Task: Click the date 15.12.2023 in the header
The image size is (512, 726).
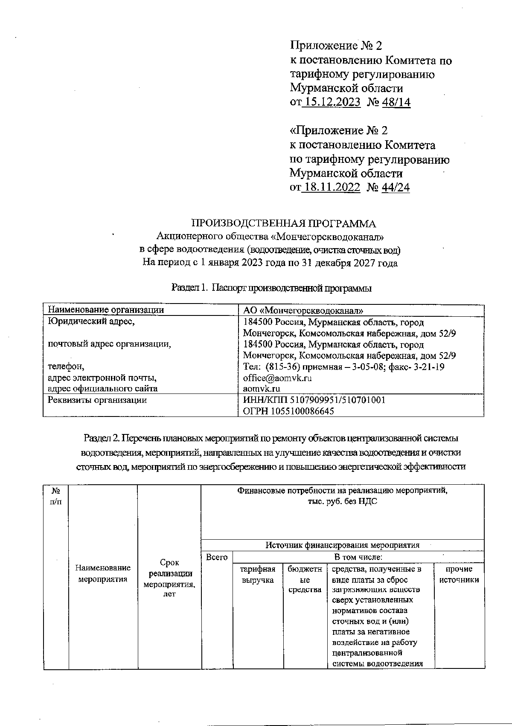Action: (331, 102)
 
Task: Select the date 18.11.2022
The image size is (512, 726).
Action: (331, 187)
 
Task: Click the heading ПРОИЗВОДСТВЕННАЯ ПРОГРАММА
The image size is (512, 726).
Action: (284, 224)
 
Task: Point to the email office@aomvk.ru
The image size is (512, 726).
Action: (277, 378)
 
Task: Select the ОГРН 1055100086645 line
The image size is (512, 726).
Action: (288, 411)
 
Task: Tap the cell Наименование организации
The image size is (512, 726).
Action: (105, 310)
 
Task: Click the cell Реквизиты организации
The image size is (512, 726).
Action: (97, 400)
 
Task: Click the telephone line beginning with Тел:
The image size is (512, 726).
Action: (343, 367)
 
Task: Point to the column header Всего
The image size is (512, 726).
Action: (217, 557)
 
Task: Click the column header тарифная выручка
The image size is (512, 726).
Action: (258, 574)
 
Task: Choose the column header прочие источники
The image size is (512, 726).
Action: (459, 574)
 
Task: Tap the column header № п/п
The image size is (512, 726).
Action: (55, 496)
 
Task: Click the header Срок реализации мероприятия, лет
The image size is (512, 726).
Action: (169, 578)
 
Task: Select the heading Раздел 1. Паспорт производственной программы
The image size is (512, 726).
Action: (271, 288)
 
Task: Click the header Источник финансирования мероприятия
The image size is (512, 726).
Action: (342, 545)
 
